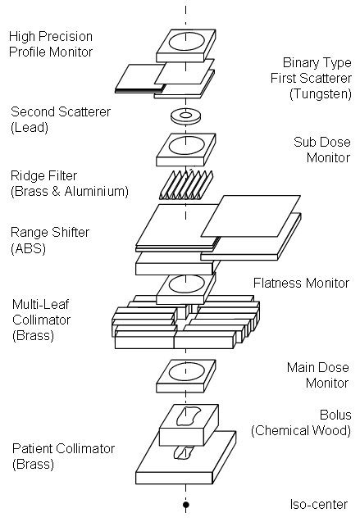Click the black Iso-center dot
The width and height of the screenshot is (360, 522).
coord(186,505)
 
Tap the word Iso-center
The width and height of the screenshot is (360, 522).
coord(319,504)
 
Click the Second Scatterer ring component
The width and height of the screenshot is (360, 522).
coord(186,116)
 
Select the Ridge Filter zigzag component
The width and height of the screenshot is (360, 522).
coord(186,184)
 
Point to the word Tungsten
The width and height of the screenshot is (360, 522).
coord(321,94)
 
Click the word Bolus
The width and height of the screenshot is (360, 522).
coord(335,415)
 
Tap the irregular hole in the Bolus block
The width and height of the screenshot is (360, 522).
coord(188,416)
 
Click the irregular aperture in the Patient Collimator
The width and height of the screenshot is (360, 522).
coord(183,453)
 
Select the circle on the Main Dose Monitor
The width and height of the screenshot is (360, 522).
coord(186,372)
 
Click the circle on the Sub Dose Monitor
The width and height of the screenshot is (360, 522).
coord(186,146)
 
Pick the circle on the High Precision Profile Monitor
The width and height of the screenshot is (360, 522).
coord(186,42)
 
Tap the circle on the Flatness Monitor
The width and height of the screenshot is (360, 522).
coord(186,284)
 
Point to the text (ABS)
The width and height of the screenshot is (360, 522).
coord(29,248)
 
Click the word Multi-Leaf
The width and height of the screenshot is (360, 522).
coord(41,304)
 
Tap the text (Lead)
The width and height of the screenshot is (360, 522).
coord(30,127)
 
